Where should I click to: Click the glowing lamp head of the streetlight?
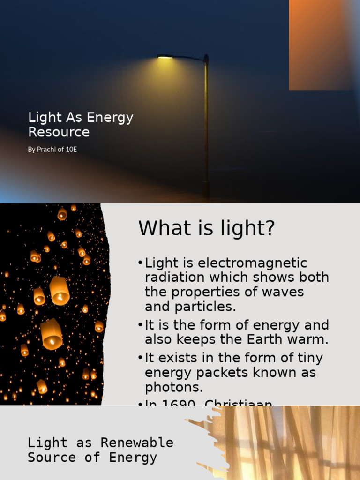pos(165,57)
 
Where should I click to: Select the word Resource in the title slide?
pos(59,132)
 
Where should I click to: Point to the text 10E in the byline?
pos(71,150)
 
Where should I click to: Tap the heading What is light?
pos(207,229)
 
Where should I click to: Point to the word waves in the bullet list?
pos(282,292)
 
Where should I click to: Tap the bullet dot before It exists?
pos(141,358)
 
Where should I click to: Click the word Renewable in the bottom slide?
pos(137,442)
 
